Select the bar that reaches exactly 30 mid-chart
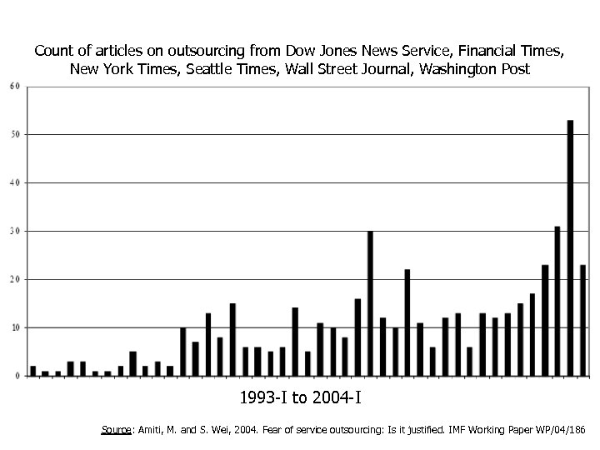point(370,303)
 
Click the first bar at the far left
point(32,371)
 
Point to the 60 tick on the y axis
point(16,86)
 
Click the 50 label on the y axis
point(16,134)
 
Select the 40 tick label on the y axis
point(16,182)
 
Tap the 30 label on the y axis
point(16,231)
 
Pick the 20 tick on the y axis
point(16,279)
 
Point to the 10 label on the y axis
point(16,327)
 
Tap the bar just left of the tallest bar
point(557,301)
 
